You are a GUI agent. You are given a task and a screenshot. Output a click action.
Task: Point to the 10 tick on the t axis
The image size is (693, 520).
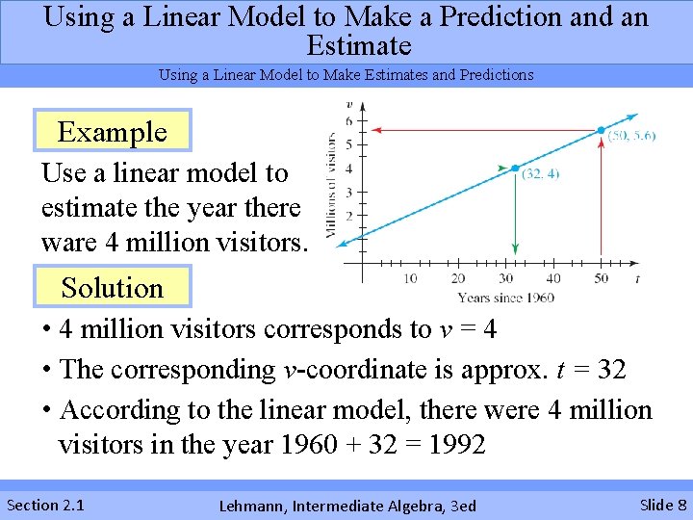[x=410, y=279]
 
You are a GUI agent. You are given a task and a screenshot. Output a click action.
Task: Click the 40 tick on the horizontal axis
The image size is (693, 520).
[x=554, y=279]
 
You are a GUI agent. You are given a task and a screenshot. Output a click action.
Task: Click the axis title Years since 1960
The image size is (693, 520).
[x=505, y=298]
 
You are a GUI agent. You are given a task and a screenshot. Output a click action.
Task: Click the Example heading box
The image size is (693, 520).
[x=113, y=132]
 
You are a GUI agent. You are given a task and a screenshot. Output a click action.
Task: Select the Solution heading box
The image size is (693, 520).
[x=113, y=288]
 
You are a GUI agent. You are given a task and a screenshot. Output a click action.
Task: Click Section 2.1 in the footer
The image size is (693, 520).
[x=45, y=505]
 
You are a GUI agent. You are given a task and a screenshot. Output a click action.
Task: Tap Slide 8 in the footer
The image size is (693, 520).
[x=663, y=505]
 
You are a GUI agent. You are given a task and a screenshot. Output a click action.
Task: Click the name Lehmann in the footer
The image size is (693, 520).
[x=253, y=506]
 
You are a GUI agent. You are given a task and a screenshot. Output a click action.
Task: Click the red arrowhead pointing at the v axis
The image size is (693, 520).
[x=378, y=129]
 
